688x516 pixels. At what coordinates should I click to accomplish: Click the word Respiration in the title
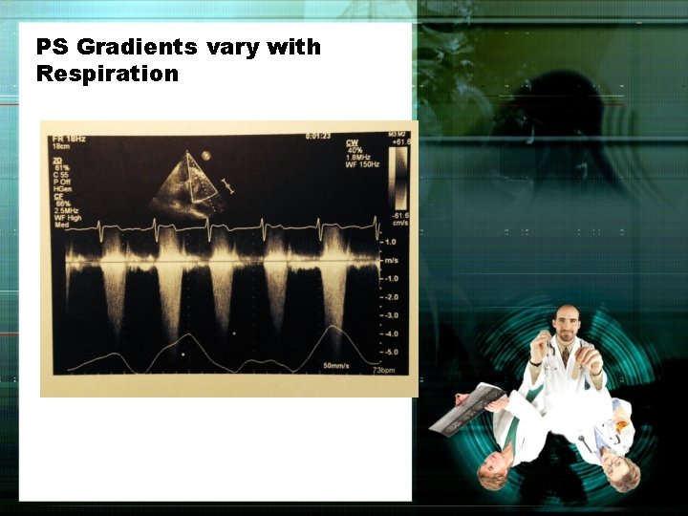107,74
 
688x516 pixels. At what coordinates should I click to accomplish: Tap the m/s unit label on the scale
390,260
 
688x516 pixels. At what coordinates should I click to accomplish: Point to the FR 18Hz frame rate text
69,140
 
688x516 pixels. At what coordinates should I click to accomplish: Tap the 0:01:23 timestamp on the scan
317,137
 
